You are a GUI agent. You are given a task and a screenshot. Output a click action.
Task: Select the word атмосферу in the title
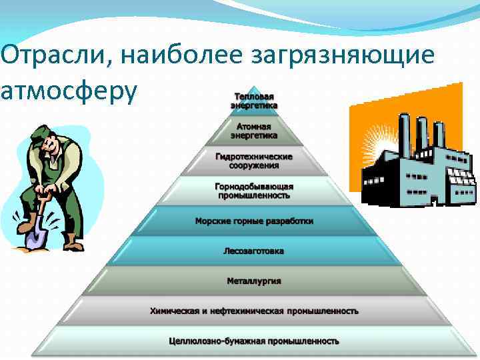click(69, 91)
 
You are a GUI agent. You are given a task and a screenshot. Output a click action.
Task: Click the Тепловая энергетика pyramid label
click(254, 101)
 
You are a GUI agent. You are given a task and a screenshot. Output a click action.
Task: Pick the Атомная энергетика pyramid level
click(254, 130)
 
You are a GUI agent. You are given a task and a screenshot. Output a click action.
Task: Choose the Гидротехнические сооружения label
click(254, 160)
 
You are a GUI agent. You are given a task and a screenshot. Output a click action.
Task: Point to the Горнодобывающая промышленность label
click(254, 191)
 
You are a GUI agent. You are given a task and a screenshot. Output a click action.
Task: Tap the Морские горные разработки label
click(254, 221)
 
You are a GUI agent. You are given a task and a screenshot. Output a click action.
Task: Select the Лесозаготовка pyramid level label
click(254, 251)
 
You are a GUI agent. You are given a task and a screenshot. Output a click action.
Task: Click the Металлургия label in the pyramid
click(254, 281)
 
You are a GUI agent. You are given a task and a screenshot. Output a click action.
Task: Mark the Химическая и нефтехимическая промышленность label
click(254, 311)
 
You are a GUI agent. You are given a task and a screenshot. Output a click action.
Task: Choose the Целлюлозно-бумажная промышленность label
click(254, 341)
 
